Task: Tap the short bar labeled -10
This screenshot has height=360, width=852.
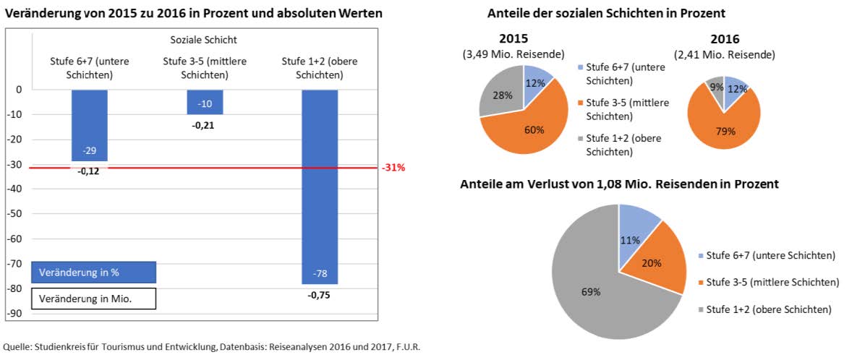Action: [x=205, y=102]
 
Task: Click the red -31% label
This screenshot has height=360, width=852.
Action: [x=393, y=168]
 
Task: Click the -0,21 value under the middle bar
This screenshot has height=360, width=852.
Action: [x=205, y=125]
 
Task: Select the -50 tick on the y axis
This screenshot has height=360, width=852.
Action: [x=15, y=213]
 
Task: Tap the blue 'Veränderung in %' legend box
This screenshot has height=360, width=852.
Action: [x=94, y=273]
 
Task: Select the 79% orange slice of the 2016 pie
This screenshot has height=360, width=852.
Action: [x=723, y=123]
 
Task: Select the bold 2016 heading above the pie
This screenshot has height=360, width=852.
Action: [x=725, y=39]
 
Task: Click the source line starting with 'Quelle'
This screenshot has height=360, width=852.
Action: [x=212, y=347]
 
